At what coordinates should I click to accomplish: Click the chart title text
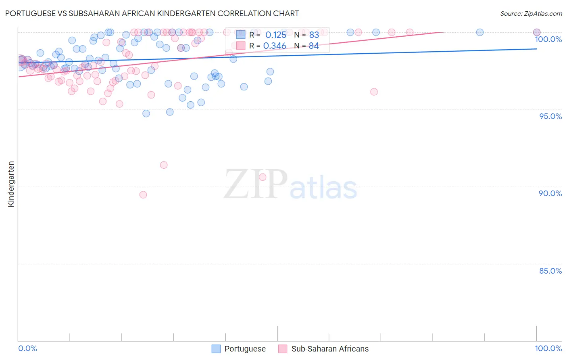[x=152, y=13]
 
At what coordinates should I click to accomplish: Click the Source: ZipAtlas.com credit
[x=531, y=14]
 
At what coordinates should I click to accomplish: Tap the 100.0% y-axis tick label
[x=548, y=39]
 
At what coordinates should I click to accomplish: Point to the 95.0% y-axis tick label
[x=550, y=116]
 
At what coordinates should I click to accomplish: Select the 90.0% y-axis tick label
[x=550, y=193]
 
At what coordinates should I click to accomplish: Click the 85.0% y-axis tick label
[x=550, y=271]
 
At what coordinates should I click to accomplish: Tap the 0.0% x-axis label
[x=27, y=348]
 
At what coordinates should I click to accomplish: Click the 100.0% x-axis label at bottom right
[x=548, y=348]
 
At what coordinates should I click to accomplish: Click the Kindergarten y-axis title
[x=11, y=184]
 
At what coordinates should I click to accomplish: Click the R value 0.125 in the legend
[x=275, y=35]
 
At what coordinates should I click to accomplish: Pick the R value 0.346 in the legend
[x=275, y=46]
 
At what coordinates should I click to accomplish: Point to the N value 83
[x=314, y=35]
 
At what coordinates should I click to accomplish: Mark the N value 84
[x=314, y=46]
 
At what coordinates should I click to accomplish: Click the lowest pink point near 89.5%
[x=143, y=195]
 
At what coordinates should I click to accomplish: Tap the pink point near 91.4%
[x=164, y=165]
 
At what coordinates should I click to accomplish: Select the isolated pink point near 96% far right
[x=374, y=92]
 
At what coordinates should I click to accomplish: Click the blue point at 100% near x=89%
[x=479, y=32]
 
